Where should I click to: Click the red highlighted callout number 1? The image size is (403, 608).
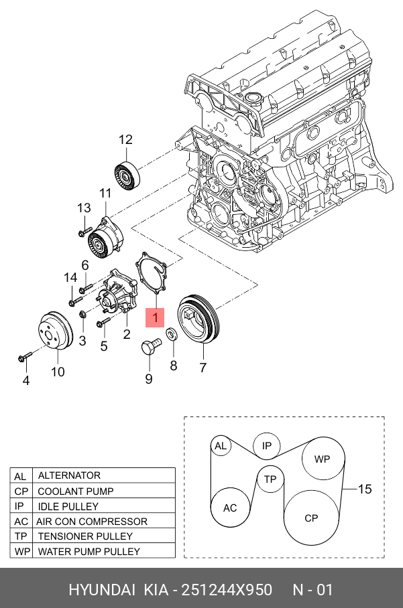click(x=155, y=317)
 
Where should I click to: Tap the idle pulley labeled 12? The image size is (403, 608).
click(x=127, y=175)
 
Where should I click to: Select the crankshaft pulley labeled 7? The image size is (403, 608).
click(x=198, y=318)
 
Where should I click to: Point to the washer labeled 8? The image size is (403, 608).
click(x=172, y=335)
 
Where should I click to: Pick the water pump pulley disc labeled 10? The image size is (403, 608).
click(x=56, y=330)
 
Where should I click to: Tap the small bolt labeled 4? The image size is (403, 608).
click(x=24, y=356)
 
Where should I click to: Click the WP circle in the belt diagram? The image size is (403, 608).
click(x=323, y=459)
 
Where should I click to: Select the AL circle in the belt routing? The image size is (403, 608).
click(x=221, y=446)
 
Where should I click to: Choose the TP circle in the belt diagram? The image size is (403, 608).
click(x=270, y=479)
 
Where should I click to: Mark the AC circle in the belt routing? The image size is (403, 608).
click(x=230, y=507)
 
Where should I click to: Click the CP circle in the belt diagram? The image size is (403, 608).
click(x=311, y=518)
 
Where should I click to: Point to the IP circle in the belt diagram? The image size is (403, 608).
click(x=266, y=446)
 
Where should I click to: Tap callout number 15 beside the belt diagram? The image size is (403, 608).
click(x=365, y=489)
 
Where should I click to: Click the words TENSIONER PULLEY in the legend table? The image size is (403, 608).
click(x=85, y=536)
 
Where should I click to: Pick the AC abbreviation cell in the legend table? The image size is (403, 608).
click(x=21, y=521)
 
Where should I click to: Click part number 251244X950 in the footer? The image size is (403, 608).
click(x=227, y=590)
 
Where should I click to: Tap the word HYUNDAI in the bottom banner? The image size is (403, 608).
click(x=102, y=590)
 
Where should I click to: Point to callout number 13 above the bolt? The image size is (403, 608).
click(x=84, y=208)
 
